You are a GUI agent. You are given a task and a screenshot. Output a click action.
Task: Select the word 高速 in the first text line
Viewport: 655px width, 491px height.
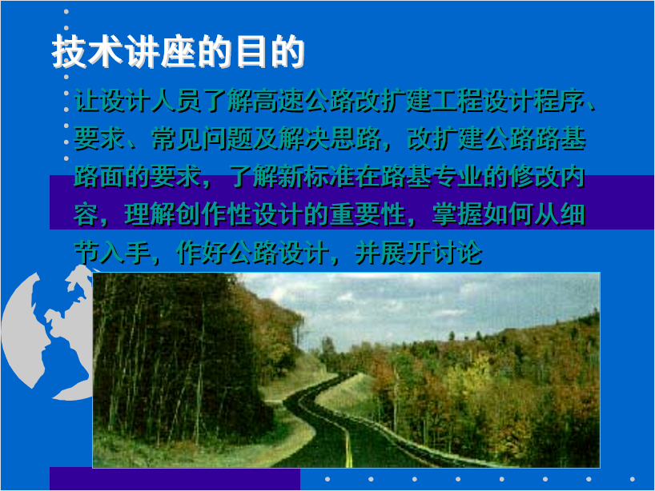[x=278, y=101]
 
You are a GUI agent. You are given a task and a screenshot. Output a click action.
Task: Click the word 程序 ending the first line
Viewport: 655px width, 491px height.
[x=561, y=101]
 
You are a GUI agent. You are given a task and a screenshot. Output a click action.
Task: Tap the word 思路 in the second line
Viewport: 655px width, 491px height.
[x=355, y=138]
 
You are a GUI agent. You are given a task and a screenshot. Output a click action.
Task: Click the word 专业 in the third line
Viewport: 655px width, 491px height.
[x=458, y=177]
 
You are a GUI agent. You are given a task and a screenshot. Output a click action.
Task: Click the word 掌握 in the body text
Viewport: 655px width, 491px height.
[x=458, y=215]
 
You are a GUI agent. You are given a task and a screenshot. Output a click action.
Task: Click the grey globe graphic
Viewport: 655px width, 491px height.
[x=46, y=333]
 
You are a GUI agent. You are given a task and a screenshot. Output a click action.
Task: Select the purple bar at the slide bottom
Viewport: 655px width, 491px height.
[x=175, y=478]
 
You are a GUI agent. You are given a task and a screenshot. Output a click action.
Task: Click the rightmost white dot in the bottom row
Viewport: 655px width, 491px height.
[x=633, y=479]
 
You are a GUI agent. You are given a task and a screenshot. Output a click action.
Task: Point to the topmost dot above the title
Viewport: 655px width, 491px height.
[x=66, y=12]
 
